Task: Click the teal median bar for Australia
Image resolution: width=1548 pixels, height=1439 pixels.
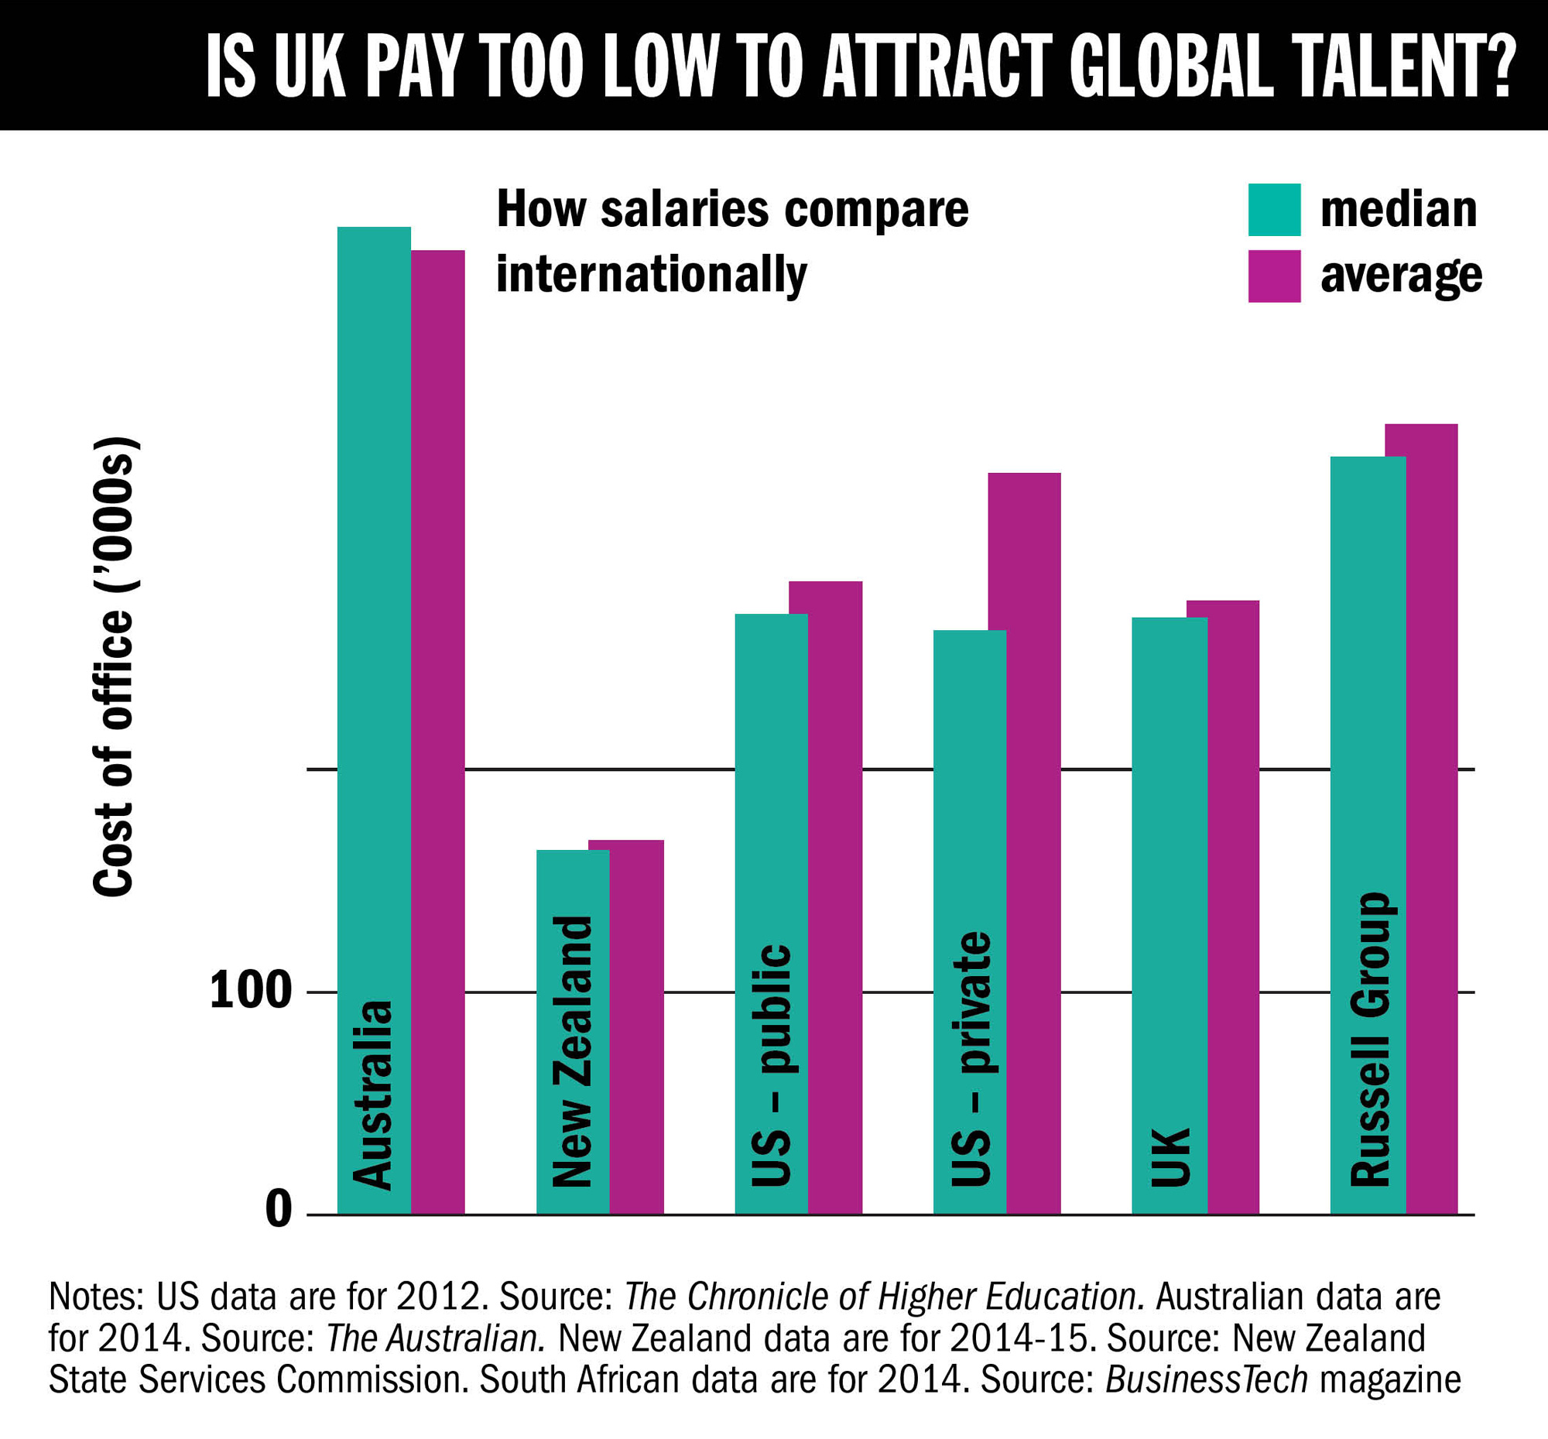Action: pyautogui.click(x=374, y=623)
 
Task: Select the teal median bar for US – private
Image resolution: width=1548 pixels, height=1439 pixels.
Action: pyautogui.click(x=970, y=779)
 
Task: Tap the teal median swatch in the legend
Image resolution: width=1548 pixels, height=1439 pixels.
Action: pyautogui.click(x=1274, y=210)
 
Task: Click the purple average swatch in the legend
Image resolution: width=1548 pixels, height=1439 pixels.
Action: pyautogui.click(x=1274, y=276)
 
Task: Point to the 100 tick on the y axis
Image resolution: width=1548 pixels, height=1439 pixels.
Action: pyautogui.click(x=250, y=992)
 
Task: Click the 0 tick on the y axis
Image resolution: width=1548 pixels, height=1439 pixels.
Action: pyautogui.click(x=278, y=1209)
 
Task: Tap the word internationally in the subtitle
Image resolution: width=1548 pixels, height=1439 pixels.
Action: pyautogui.click(x=652, y=275)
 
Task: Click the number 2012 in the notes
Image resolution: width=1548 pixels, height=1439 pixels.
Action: pyautogui.click(x=438, y=1296)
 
